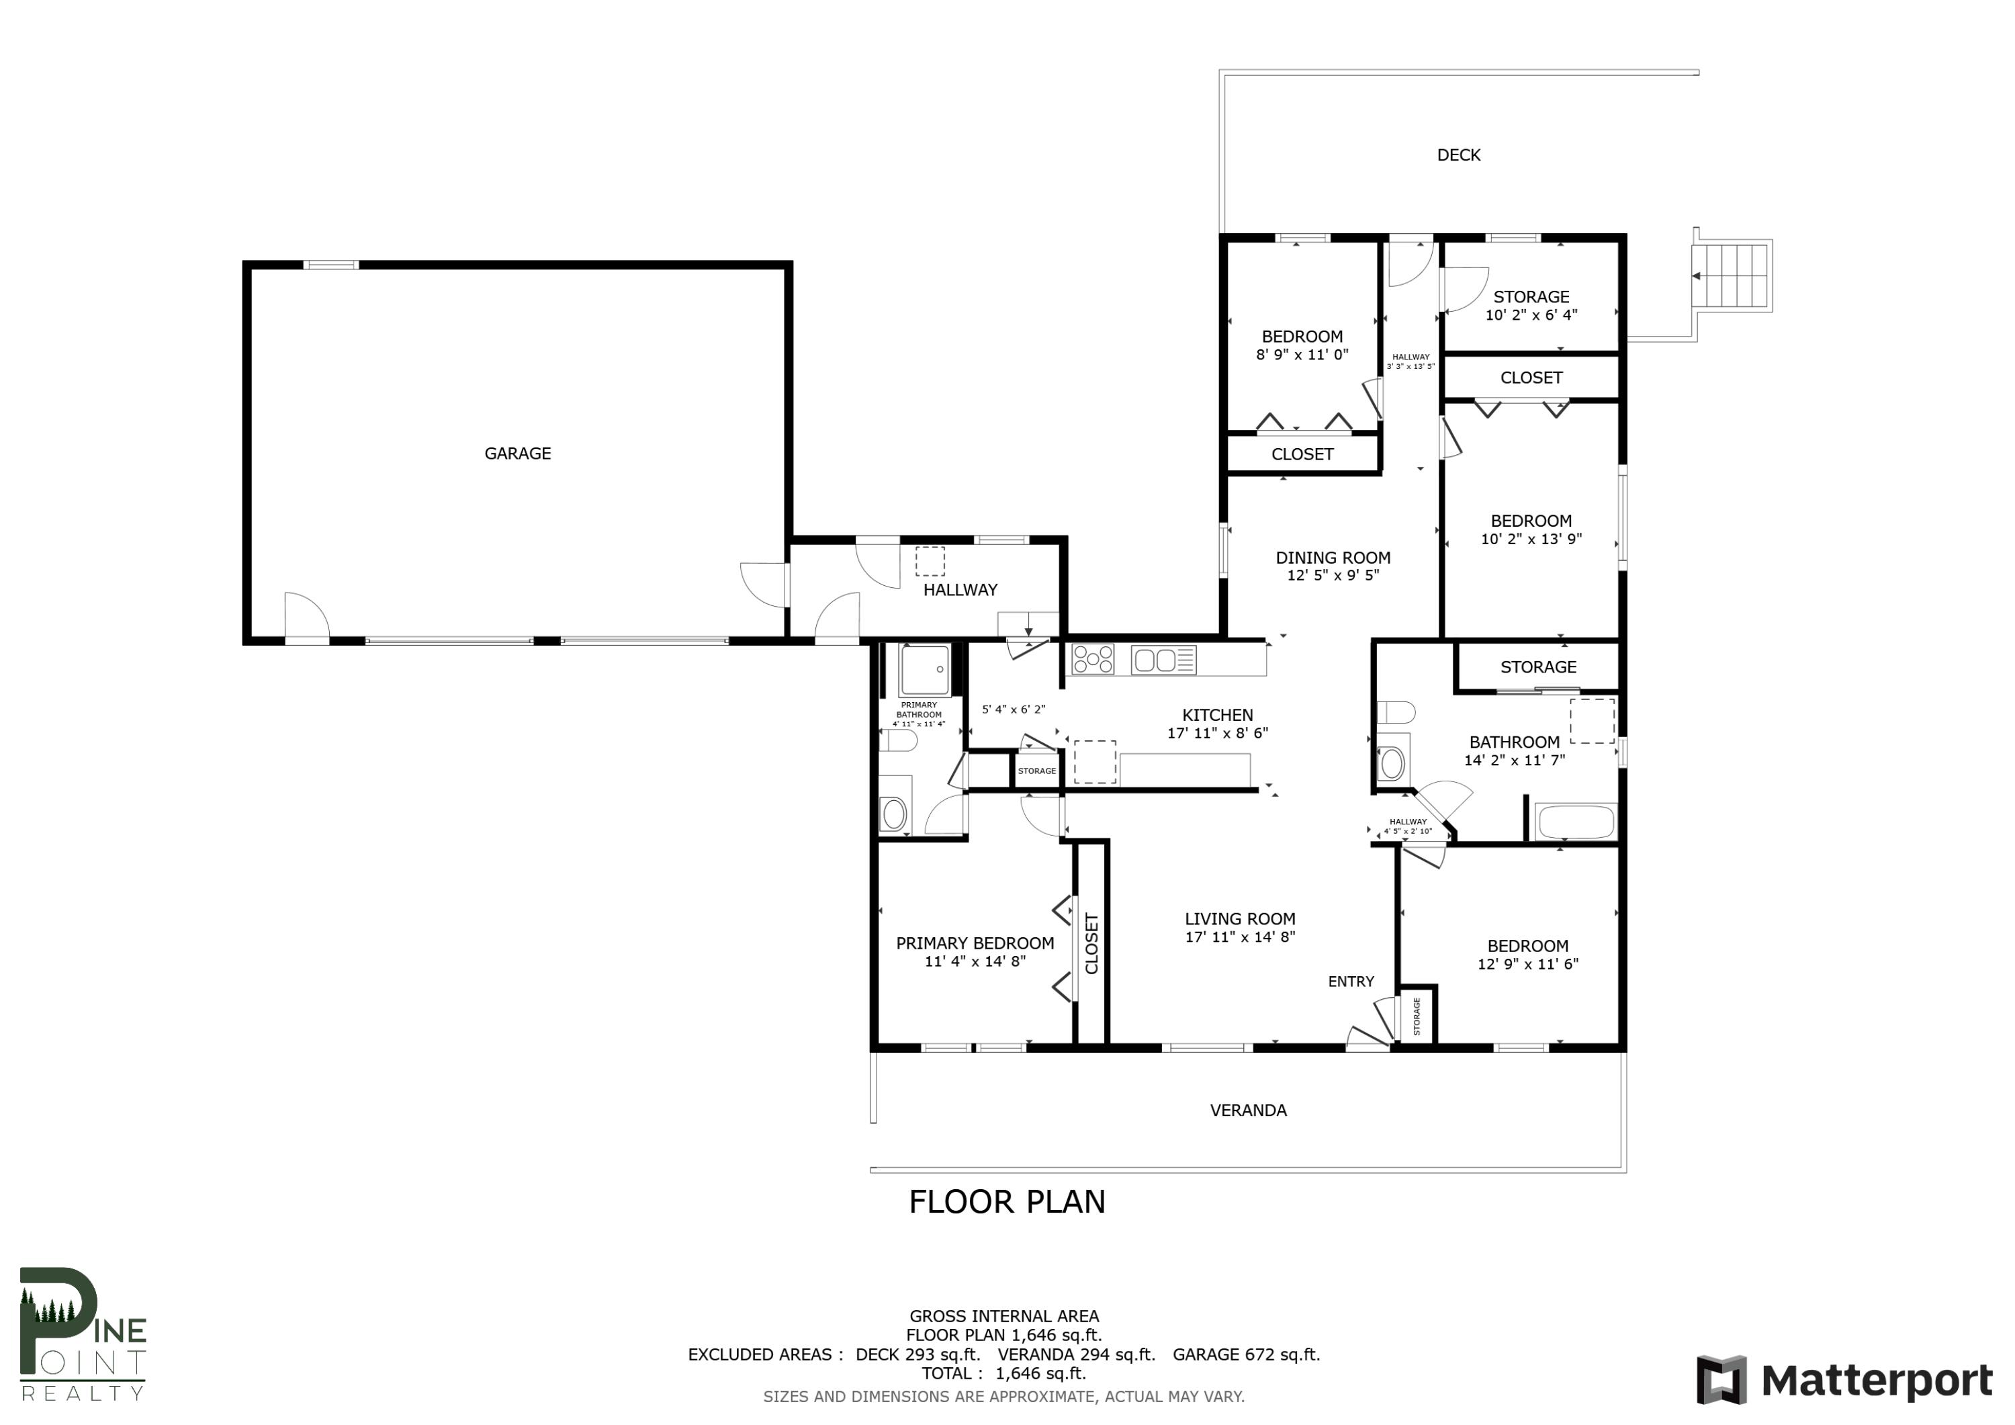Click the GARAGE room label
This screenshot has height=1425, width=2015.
tap(517, 453)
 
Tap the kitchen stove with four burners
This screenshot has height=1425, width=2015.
tap(1093, 659)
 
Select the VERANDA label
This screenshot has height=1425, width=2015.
tap(1247, 1111)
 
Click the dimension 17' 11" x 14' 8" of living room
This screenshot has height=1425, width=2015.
tap(1239, 937)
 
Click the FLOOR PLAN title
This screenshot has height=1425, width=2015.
tap(1007, 1202)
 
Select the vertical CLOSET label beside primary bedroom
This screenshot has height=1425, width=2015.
tap(1091, 944)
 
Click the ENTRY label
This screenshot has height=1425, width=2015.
tap(1350, 982)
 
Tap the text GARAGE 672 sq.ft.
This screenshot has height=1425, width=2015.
tap(1245, 1354)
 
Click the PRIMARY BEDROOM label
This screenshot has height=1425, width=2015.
tap(974, 943)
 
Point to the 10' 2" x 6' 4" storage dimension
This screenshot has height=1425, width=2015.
tap(1531, 315)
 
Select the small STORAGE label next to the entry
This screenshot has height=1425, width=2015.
tap(1416, 1016)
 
